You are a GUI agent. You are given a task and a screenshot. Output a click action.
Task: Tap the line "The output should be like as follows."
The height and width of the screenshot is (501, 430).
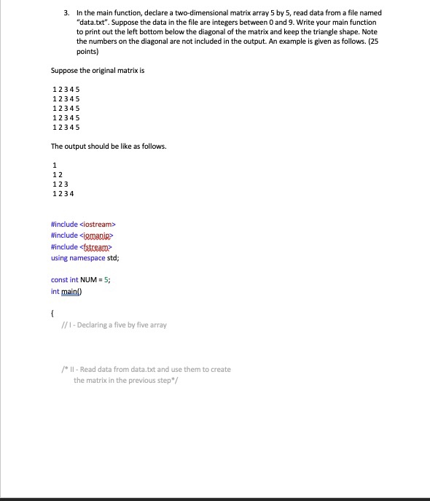click(109, 146)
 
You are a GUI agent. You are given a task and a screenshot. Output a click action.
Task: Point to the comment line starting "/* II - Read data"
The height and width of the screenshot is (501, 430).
click(146, 369)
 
